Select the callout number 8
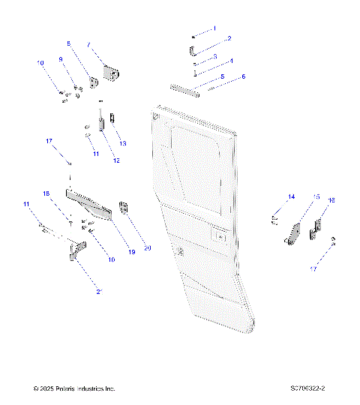[x=69, y=44]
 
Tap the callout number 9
[x=61, y=59]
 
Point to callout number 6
[x=242, y=76]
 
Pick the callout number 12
[x=116, y=160]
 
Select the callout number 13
[x=123, y=142]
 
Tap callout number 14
[x=292, y=196]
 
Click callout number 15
[x=316, y=196]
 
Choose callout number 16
[x=331, y=200]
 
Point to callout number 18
[x=46, y=193]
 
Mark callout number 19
[x=132, y=252]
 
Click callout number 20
[x=148, y=248]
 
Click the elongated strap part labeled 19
[x=90, y=204]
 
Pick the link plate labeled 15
[x=294, y=233]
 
